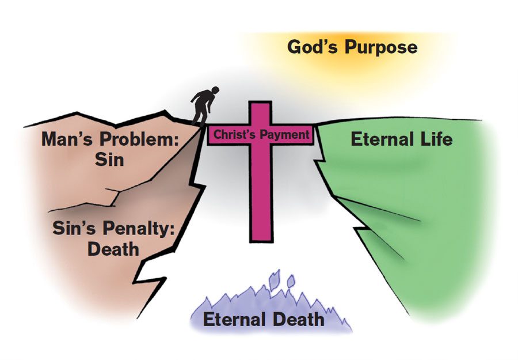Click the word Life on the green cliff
(437, 139)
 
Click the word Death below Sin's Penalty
(113, 249)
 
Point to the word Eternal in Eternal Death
(233, 319)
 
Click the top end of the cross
(260, 105)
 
